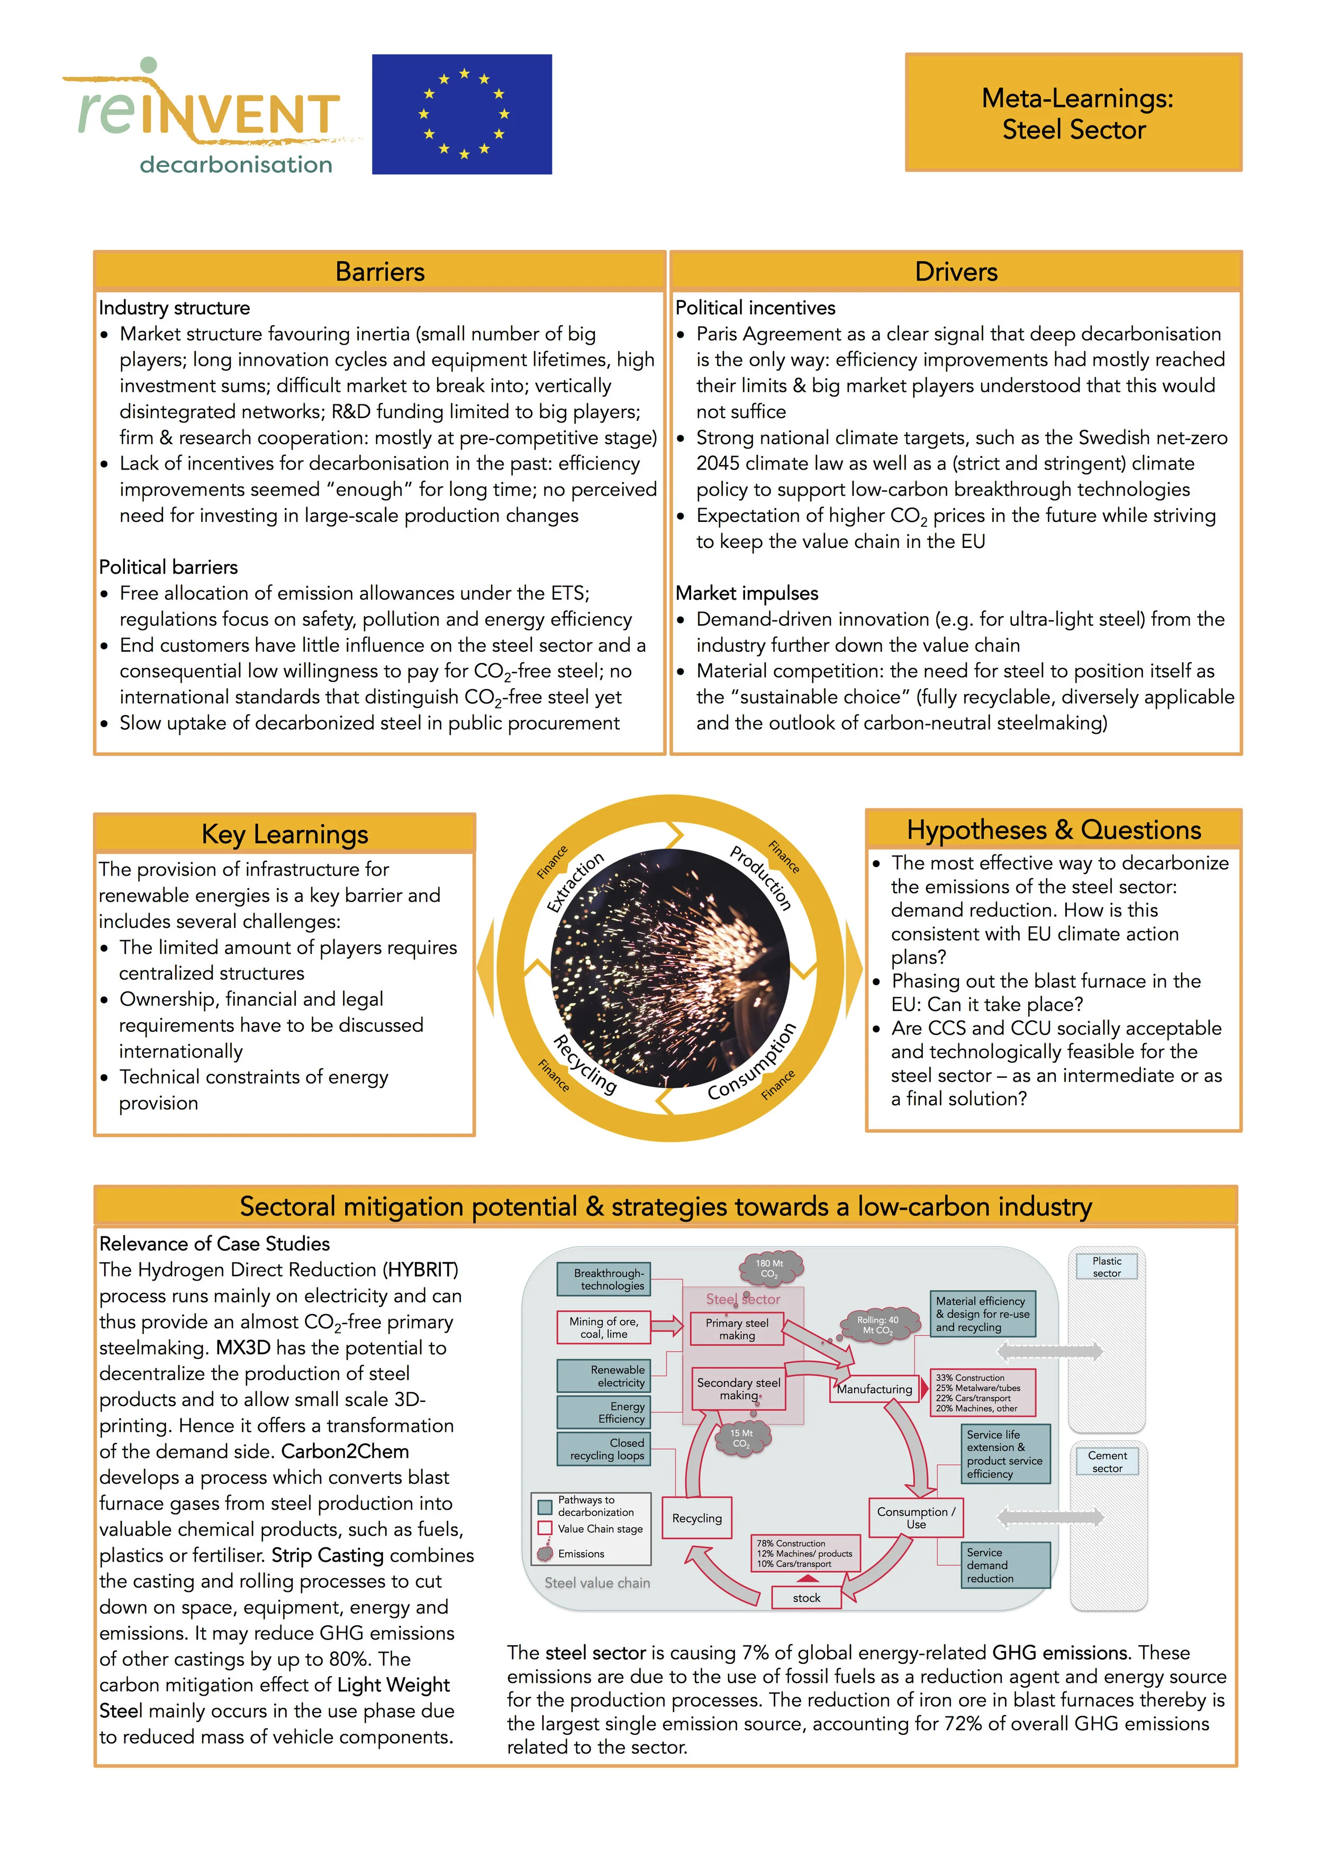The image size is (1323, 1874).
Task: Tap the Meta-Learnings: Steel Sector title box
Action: [1073, 113]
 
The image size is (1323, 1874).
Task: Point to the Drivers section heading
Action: [956, 272]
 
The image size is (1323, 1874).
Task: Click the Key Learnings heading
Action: [284, 834]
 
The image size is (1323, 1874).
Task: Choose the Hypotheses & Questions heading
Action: [1053, 830]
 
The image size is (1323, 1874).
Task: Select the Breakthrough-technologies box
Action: [604, 1279]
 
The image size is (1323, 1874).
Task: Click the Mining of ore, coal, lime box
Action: [604, 1327]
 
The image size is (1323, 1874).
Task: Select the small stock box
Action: [807, 1597]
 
